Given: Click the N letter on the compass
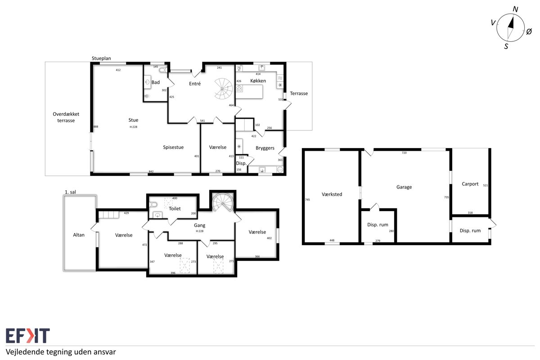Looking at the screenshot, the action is [515, 9].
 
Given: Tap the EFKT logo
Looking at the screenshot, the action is [28, 335].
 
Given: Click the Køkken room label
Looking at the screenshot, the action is [258, 81].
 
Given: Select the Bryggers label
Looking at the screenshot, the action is [265, 148].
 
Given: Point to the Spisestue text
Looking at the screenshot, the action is [173, 147].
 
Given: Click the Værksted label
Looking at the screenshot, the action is [332, 194].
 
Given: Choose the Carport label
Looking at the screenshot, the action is [470, 184].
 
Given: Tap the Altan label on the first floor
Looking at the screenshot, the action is [79, 235].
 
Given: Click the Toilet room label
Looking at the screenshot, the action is [175, 208].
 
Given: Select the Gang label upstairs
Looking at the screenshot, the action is [200, 225].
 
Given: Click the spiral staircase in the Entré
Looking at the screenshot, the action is [224, 89].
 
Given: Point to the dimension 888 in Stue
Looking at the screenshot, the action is [96, 126].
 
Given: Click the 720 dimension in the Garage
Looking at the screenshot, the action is [404, 153].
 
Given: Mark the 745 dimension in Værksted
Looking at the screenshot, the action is [307, 200].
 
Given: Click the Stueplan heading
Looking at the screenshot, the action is [101, 58].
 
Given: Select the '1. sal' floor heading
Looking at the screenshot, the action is [70, 192].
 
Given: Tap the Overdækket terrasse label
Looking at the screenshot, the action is [66, 117].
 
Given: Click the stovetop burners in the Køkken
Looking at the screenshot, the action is [239, 89].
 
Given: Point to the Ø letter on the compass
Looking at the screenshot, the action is [529, 31].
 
